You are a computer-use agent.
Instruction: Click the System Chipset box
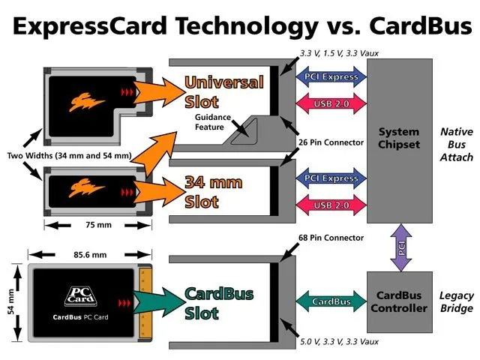[x=399, y=139]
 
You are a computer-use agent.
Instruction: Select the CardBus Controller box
[x=399, y=301]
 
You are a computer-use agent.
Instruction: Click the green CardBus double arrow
[x=329, y=301]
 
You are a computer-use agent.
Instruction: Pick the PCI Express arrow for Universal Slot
[x=329, y=75]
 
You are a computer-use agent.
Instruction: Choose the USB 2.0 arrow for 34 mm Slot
[x=329, y=205]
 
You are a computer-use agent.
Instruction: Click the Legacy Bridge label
[x=456, y=301]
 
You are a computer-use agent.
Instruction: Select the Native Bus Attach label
[x=456, y=145]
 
